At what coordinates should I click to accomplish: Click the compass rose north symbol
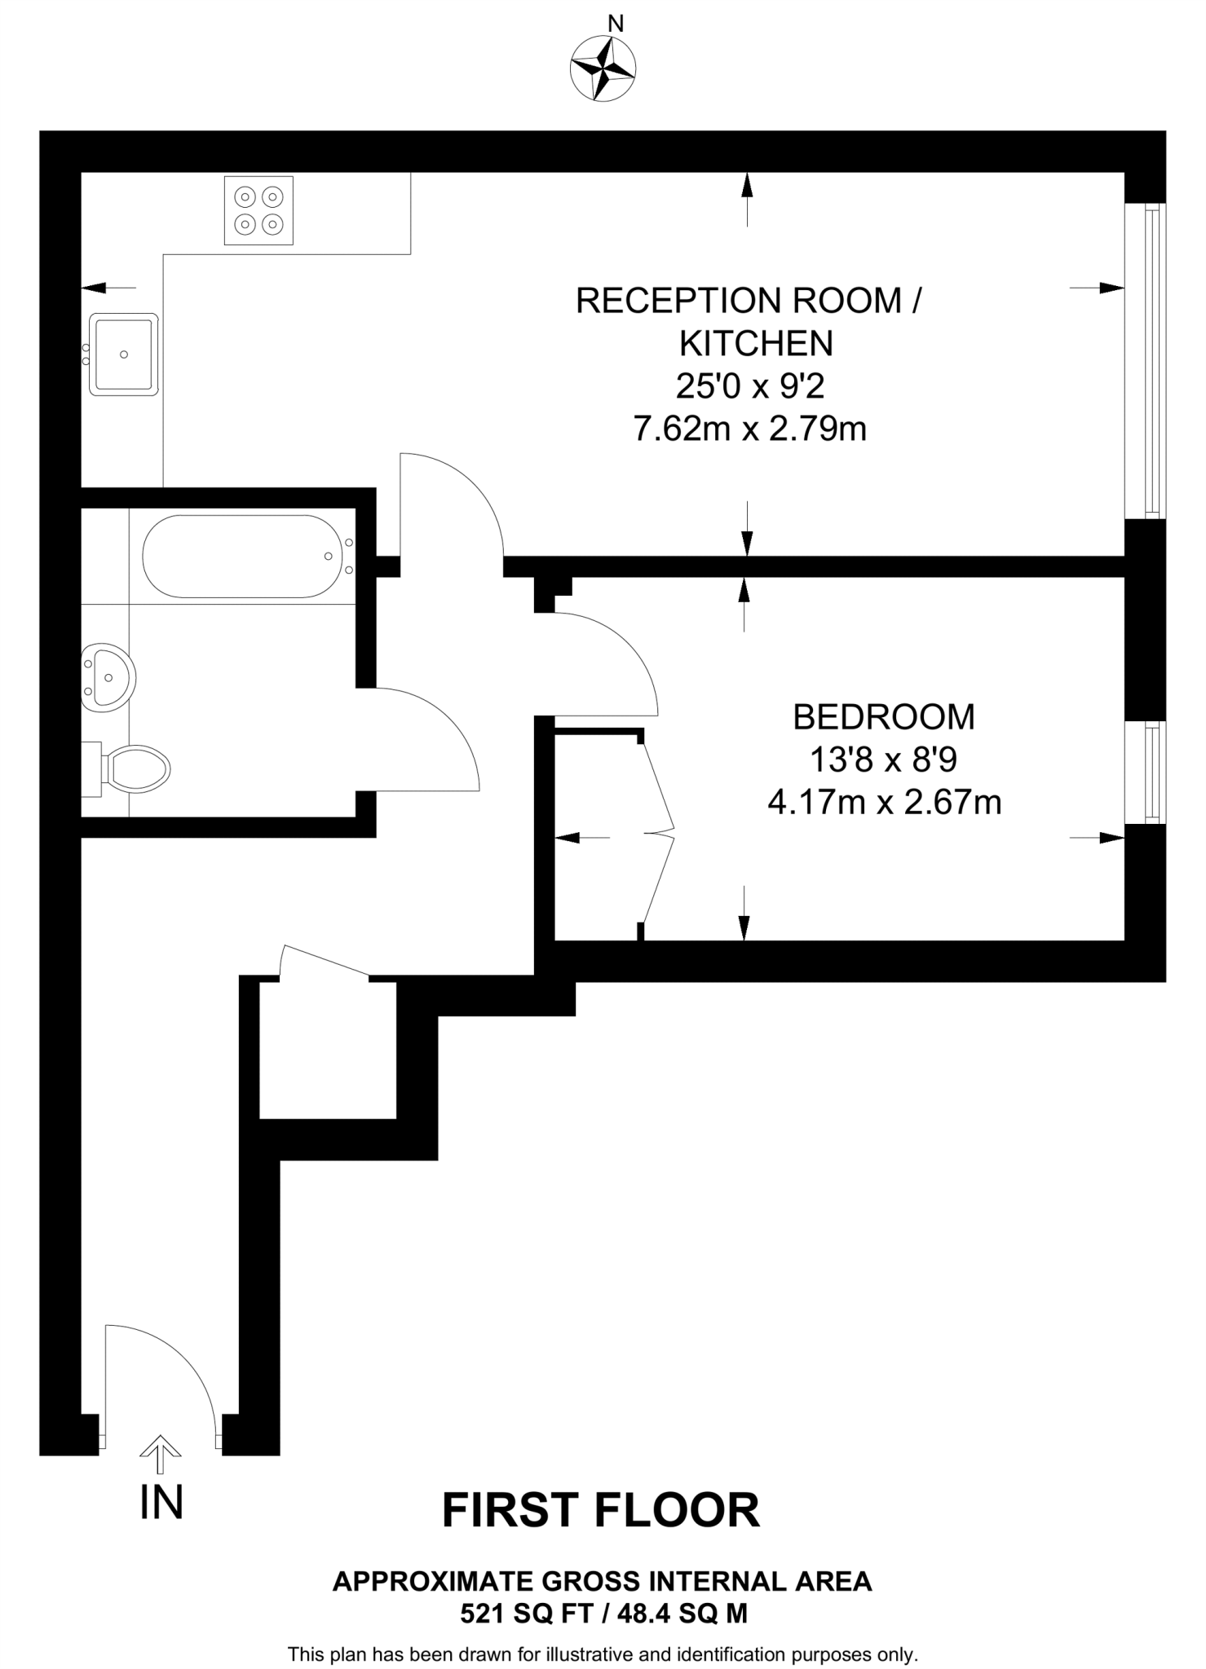coord(603,68)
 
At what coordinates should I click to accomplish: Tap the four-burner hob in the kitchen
coord(258,210)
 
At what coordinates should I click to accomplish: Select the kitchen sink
coord(123,354)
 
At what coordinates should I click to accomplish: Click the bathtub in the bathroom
coord(242,557)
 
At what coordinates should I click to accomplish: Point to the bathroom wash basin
coord(108,676)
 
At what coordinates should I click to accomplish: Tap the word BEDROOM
coord(884,717)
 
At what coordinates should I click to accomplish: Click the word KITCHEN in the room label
coord(756,344)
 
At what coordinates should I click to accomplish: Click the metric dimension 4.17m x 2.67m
coord(884,803)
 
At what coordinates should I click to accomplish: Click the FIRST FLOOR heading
coord(601,1510)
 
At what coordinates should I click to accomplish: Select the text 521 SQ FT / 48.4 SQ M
coord(603,1614)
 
